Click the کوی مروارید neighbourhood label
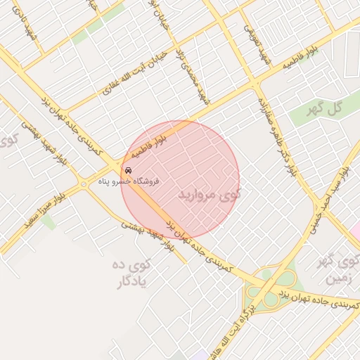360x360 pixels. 210,193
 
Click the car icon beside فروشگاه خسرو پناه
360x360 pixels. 127,170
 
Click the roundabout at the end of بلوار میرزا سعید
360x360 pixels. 84,184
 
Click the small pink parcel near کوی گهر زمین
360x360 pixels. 356,230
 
